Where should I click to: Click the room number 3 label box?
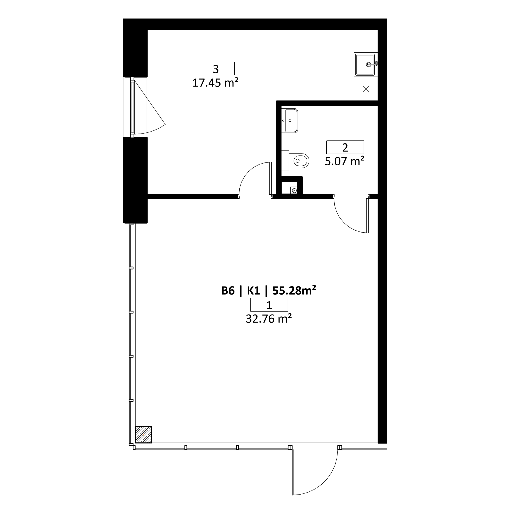pos(216,69)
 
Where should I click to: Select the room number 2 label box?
pos(345,147)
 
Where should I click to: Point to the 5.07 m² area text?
pos(345,161)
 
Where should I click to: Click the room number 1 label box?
pos(269,305)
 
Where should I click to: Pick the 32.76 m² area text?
pos(269,319)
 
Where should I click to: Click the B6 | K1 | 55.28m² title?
pos(269,291)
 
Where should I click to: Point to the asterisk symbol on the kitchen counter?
pos(366,89)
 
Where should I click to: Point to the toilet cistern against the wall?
pos(285,160)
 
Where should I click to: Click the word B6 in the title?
pos(228,291)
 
